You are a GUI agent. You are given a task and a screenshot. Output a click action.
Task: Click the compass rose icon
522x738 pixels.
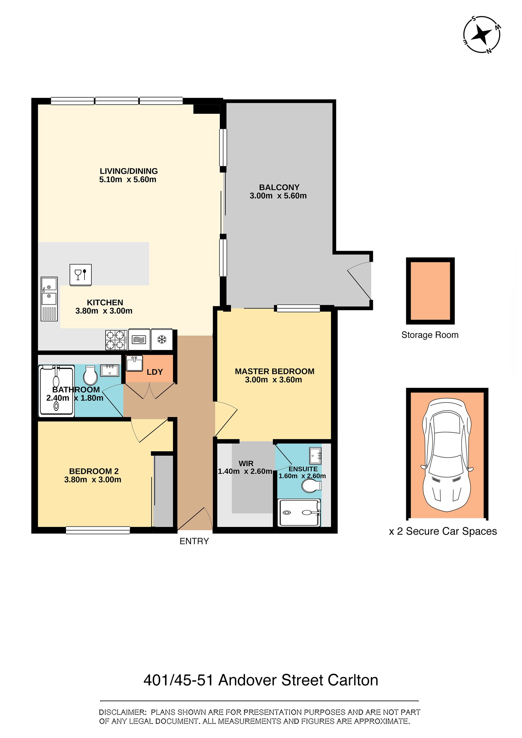(x=482, y=34)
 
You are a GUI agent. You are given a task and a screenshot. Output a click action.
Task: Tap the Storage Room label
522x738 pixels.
(x=430, y=335)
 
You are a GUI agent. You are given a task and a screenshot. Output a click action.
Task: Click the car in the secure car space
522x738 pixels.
(x=447, y=455)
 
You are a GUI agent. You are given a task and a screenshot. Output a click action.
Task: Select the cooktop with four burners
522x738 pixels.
(x=116, y=340)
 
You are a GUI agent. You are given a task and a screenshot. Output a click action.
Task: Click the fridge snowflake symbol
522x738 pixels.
(x=162, y=339)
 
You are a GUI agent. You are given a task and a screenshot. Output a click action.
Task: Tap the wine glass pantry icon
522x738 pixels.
(x=80, y=275)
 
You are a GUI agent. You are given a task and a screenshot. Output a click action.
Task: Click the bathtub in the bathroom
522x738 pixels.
(x=56, y=391)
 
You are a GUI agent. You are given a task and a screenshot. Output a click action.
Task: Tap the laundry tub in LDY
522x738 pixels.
(x=134, y=363)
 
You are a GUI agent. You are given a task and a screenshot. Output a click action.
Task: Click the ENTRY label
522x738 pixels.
(x=194, y=541)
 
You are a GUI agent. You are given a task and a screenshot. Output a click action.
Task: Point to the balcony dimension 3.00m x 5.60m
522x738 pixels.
(x=278, y=196)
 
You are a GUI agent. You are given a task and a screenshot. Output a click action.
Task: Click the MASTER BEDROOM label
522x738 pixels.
(x=274, y=371)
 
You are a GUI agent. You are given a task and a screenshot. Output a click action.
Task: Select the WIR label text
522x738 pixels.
(x=246, y=463)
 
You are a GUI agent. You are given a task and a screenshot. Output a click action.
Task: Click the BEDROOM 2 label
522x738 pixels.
(x=94, y=471)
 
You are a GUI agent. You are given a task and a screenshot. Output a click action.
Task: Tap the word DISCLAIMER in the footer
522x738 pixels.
(x=122, y=712)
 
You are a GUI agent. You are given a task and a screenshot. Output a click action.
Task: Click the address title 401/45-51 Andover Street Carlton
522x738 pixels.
(x=261, y=680)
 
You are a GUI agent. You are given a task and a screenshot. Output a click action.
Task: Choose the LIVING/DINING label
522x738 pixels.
(x=129, y=171)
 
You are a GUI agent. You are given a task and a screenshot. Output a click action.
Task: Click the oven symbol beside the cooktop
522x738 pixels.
(x=139, y=340)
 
